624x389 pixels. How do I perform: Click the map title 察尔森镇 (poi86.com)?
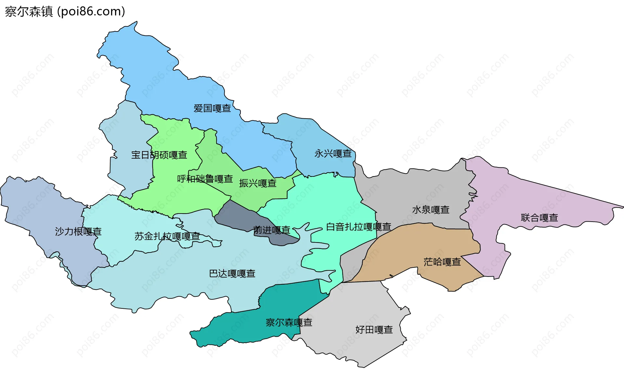65,12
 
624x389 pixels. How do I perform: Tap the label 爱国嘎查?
212,108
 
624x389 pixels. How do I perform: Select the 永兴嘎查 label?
333,153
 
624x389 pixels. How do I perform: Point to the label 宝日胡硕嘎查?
159,155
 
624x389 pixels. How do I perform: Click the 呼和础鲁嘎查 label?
205,179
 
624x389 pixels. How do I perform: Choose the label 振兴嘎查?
258,183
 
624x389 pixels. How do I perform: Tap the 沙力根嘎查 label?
78,231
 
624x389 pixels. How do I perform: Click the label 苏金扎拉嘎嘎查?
167,236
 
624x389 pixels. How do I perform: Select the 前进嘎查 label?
272,230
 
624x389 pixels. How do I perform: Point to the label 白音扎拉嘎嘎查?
358,227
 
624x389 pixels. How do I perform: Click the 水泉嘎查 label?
431,210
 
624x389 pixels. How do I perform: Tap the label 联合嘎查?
539,217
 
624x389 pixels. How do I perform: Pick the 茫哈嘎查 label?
442,262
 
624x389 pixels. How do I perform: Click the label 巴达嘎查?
232,273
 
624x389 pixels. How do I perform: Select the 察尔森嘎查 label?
289,322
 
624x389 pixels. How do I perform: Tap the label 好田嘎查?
374,330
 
